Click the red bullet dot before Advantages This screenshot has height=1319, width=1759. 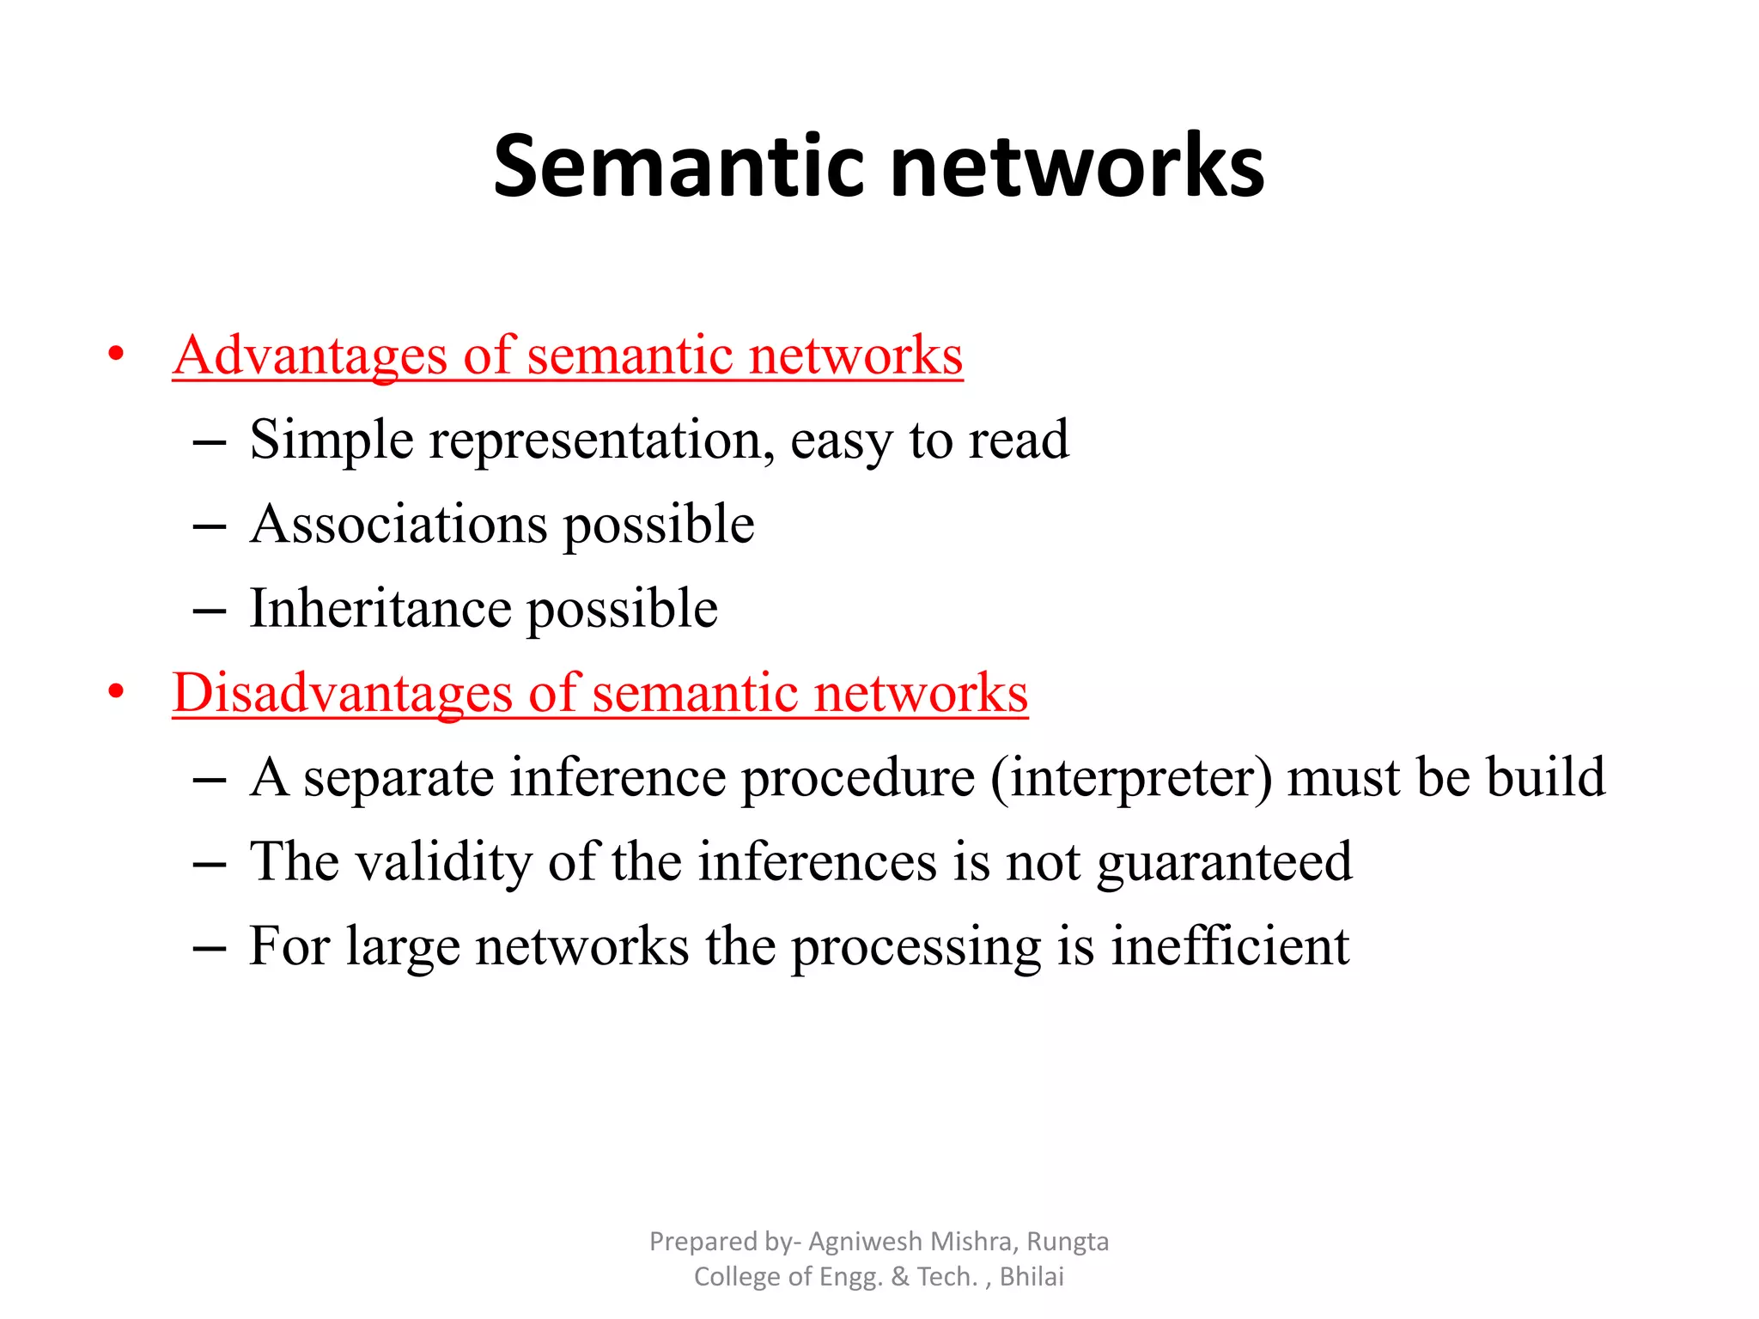(x=116, y=355)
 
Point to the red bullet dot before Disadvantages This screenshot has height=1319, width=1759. (x=116, y=692)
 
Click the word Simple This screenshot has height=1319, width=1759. (x=332, y=440)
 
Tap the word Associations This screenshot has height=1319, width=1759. (x=399, y=524)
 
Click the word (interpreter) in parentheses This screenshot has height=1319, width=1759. (x=1131, y=777)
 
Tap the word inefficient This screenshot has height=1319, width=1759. (x=1230, y=945)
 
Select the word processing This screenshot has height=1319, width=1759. (x=916, y=947)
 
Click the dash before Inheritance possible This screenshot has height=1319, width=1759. (x=210, y=611)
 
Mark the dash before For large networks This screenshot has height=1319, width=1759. (x=210, y=948)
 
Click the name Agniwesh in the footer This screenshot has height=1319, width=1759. (x=866, y=1241)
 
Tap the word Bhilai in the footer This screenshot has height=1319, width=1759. (x=1032, y=1276)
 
